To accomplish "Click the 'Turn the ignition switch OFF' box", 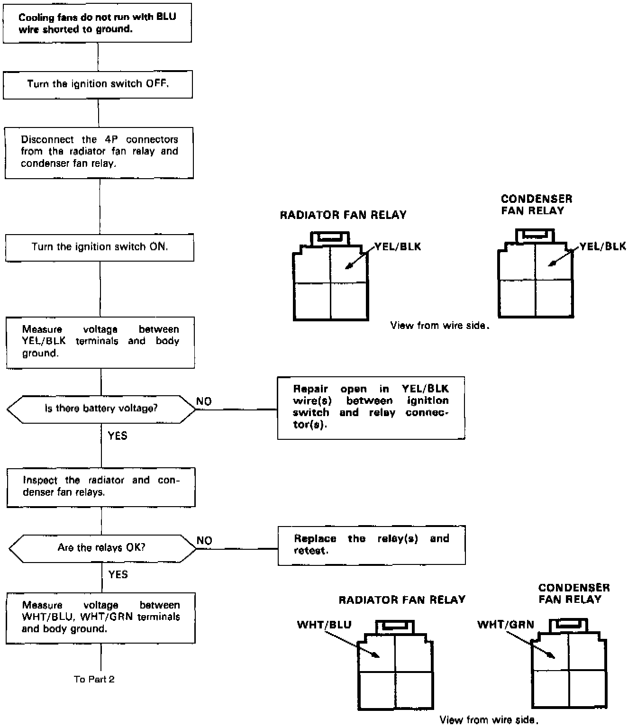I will (x=98, y=84).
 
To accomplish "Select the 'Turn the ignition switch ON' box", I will (x=100, y=247).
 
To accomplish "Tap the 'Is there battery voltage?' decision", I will (x=101, y=409).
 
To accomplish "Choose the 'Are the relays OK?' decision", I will (x=101, y=548).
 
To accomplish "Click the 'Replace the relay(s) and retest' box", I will (x=372, y=545).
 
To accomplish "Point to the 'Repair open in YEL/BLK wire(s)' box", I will (x=371, y=408).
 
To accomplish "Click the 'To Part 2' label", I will (x=94, y=679).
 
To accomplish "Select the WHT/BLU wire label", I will (x=324, y=624).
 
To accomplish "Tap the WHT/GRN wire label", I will (x=505, y=624).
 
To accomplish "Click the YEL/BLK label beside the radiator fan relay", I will (x=398, y=246).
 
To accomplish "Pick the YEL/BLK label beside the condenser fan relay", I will (x=603, y=246).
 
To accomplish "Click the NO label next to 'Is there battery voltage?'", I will (x=204, y=401).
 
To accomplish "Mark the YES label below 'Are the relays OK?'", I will (x=118, y=574).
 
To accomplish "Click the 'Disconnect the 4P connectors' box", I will (x=99, y=152).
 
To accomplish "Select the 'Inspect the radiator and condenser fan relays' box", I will (x=101, y=487).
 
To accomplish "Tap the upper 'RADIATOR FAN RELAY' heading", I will (x=343, y=215).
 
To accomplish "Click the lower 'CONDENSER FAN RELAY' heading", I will (x=573, y=593).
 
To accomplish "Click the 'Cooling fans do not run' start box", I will (x=97, y=23).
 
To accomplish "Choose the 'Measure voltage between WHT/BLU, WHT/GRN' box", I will (x=100, y=617).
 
